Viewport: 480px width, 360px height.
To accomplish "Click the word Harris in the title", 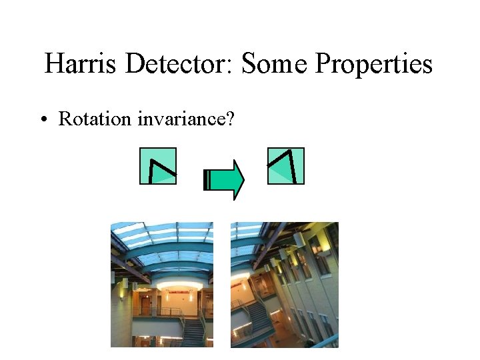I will (x=81, y=65).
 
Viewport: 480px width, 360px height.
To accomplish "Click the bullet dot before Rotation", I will (x=43, y=120).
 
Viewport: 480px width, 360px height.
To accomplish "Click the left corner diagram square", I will (x=158, y=165).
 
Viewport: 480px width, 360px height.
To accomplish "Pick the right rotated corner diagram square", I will (x=285, y=165).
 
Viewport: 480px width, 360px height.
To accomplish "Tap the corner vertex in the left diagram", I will (x=152, y=161).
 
